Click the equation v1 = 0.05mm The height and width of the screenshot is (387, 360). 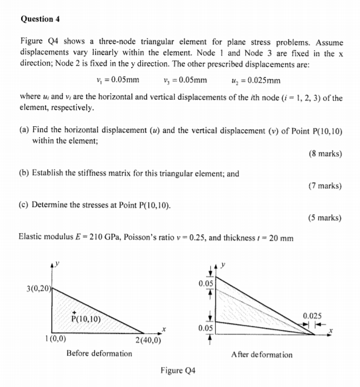tap(118, 80)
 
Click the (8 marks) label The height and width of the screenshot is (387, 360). tap(324, 153)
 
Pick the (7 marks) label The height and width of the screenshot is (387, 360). tap(324, 185)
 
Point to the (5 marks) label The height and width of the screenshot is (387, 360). tap(324, 217)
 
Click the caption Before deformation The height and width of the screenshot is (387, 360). tap(99, 353)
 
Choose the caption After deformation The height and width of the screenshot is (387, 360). tap(262, 354)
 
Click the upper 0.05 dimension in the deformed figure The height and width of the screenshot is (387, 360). tap(205, 283)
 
